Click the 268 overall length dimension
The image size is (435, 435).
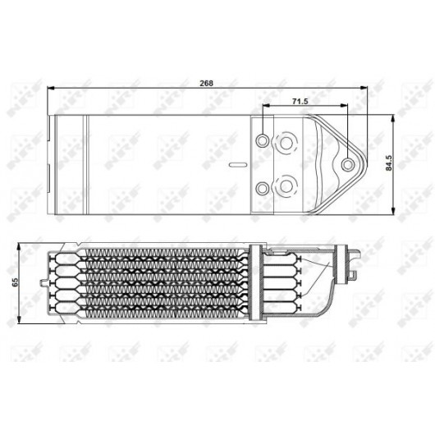point(206,83)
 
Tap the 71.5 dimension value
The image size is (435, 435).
point(300,101)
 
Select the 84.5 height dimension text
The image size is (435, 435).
point(389,163)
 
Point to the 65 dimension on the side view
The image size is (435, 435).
point(15,282)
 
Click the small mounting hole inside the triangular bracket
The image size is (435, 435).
point(347,165)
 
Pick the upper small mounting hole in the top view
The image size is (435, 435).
point(262,140)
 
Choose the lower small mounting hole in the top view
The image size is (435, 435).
point(262,189)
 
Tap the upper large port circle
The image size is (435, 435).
point(286,143)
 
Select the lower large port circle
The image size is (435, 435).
point(286,185)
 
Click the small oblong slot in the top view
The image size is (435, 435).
point(238,165)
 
